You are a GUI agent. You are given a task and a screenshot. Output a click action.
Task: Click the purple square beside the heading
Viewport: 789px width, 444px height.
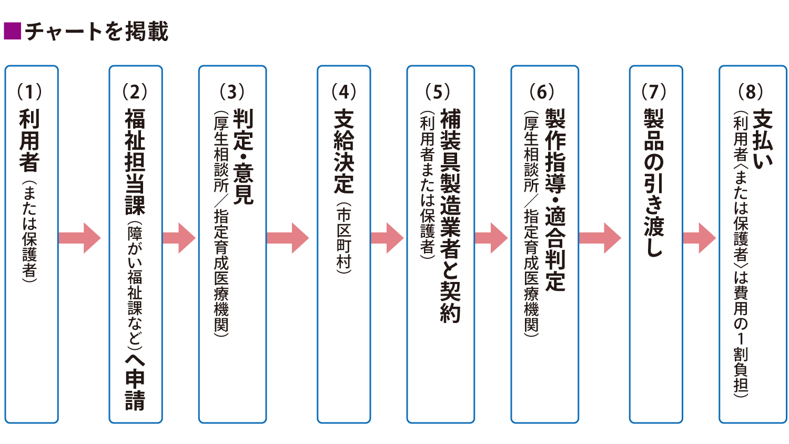[x=12, y=31]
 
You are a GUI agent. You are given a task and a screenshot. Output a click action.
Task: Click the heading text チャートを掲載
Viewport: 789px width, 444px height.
[x=97, y=32]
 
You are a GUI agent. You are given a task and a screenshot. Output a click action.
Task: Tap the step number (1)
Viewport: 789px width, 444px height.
[x=29, y=92]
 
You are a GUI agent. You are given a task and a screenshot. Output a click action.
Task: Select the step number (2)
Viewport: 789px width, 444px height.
[x=135, y=92]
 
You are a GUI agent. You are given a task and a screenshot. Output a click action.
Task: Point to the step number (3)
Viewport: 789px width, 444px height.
[x=232, y=92]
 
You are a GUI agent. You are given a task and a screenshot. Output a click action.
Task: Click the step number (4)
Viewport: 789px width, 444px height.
[x=343, y=92]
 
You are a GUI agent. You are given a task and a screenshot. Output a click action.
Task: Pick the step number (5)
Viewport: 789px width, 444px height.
[x=438, y=92]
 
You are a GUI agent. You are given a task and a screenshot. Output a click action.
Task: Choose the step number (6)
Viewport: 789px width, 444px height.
[x=542, y=92]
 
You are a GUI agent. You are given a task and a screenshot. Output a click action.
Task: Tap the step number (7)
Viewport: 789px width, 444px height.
[x=654, y=92]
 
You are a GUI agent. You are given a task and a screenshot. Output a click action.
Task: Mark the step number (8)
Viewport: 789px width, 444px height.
[x=751, y=92]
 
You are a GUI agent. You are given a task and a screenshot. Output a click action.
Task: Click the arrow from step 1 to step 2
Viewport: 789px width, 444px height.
[x=79, y=238]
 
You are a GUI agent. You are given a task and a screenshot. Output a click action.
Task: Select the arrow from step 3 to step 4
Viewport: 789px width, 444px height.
[x=288, y=238]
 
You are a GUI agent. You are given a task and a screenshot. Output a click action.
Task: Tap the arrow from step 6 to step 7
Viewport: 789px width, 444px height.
[x=600, y=238]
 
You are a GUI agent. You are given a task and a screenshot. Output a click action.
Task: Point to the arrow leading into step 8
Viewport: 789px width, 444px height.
[x=700, y=238]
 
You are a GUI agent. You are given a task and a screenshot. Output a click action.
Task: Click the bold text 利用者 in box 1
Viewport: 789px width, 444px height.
[x=29, y=140]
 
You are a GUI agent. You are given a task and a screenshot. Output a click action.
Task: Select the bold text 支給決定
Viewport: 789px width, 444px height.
[x=344, y=152]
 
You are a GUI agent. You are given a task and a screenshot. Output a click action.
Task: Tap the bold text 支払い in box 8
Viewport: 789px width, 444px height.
[x=763, y=139]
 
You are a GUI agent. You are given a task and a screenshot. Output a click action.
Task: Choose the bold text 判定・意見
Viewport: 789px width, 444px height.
[x=243, y=156]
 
